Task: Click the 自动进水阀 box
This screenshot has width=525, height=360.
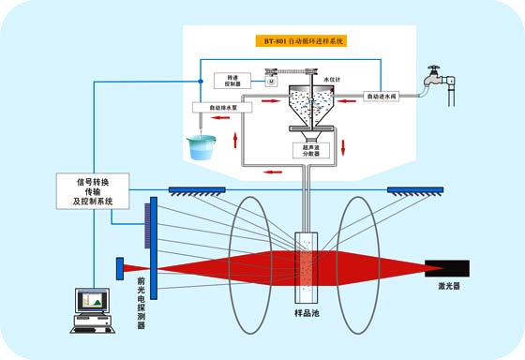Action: (384, 96)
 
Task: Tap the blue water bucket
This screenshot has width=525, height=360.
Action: (201, 147)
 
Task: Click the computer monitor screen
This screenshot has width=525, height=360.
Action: (93, 301)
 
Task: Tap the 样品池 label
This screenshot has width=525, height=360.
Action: (307, 312)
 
